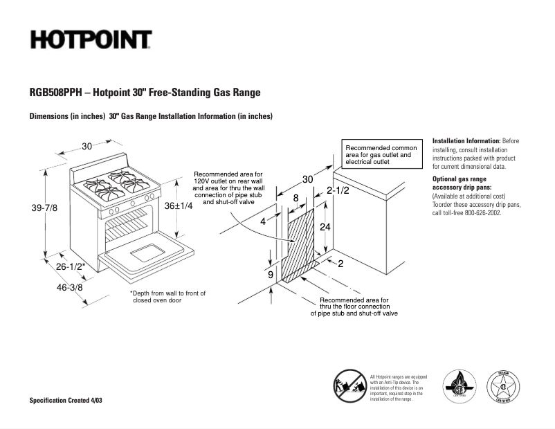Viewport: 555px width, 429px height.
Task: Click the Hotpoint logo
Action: pyautogui.click(x=91, y=40)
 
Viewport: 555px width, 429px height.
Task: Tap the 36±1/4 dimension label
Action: pyautogui.click(x=178, y=206)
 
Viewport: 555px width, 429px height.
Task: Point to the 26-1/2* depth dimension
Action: pyautogui.click(x=71, y=266)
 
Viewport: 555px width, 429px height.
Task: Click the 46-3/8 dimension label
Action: pyautogui.click(x=69, y=287)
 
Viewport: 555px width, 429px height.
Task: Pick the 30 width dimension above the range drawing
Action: pyautogui.click(x=87, y=146)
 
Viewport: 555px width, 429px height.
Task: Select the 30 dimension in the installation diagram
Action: pyautogui.click(x=308, y=180)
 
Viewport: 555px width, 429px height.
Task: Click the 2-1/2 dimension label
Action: pyautogui.click(x=337, y=190)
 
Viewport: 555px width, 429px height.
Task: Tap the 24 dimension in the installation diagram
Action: pyautogui.click(x=324, y=227)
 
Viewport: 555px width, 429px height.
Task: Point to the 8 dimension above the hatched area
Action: pyautogui.click(x=295, y=198)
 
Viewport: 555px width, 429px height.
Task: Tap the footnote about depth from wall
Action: pyautogui.click(x=168, y=297)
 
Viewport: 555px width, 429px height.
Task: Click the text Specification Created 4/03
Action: pyautogui.click(x=69, y=401)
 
